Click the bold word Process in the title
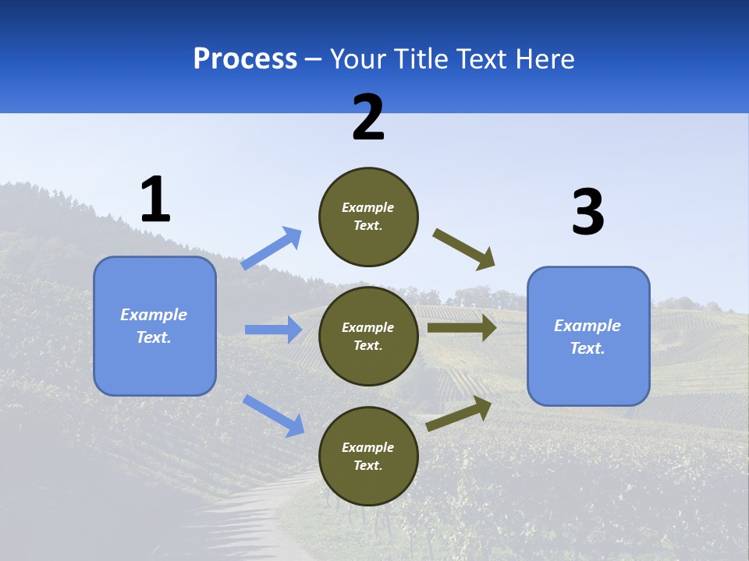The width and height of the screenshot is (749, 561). click(x=245, y=58)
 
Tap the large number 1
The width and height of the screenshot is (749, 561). click(x=155, y=199)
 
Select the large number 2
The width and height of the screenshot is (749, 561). click(x=368, y=118)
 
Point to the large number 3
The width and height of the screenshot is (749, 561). click(x=587, y=213)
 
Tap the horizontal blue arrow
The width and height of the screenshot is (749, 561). click(x=273, y=330)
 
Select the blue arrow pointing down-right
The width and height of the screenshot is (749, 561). click(x=273, y=415)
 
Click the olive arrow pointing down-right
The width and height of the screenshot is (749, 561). click(x=464, y=249)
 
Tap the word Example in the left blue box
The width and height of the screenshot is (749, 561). click(x=154, y=315)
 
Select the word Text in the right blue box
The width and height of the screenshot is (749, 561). click(x=587, y=348)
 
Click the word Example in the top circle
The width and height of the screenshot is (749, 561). click(x=368, y=207)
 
